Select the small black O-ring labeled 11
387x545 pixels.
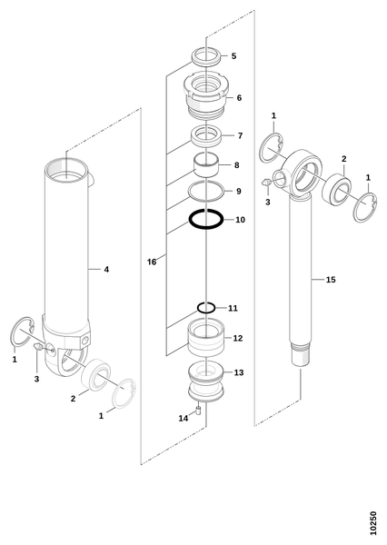(x=199, y=308)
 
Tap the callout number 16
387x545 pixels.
(x=152, y=262)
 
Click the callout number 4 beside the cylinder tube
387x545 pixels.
(x=106, y=270)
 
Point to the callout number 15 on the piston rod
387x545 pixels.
(x=331, y=280)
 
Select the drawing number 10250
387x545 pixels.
(x=372, y=523)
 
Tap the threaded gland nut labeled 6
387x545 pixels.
(x=206, y=94)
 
